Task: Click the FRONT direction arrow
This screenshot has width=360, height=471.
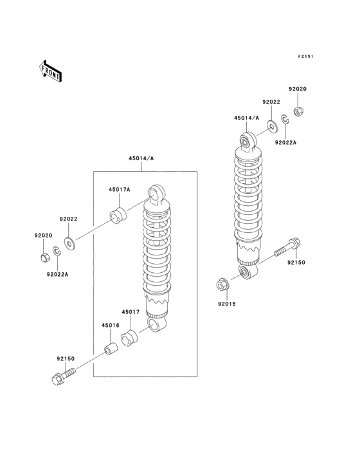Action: [x=50, y=71]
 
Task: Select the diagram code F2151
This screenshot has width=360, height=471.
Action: [x=305, y=56]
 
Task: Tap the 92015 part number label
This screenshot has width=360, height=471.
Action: [x=227, y=304]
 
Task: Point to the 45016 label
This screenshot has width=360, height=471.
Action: [x=111, y=326]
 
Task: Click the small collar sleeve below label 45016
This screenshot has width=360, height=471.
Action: [x=111, y=348]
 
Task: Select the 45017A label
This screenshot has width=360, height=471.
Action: [x=120, y=190]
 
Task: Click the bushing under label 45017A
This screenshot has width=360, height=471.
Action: [x=118, y=216]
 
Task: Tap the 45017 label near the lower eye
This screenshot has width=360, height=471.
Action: [x=130, y=312]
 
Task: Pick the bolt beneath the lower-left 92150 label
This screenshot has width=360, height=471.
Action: [x=63, y=376]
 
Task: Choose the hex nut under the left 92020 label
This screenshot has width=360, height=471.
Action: [x=44, y=257]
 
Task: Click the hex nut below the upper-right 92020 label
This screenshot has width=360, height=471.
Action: [x=298, y=112]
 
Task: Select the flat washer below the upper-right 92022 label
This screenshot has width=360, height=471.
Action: [x=273, y=127]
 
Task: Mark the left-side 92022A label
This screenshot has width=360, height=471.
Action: [x=57, y=274]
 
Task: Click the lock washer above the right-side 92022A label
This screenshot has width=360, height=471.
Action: [x=285, y=119]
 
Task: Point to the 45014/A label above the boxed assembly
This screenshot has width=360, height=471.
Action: [x=141, y=158]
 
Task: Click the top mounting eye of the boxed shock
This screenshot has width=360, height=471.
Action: [x=156, y=194]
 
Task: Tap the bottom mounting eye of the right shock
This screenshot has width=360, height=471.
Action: [x=248, y=272]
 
